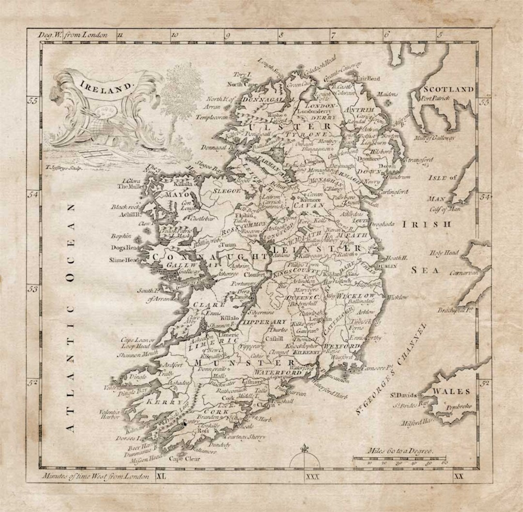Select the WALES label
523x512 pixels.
(x=451, y=391)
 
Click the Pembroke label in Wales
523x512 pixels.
(x=459, y=407)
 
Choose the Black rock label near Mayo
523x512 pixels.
(x=125, y=207)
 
